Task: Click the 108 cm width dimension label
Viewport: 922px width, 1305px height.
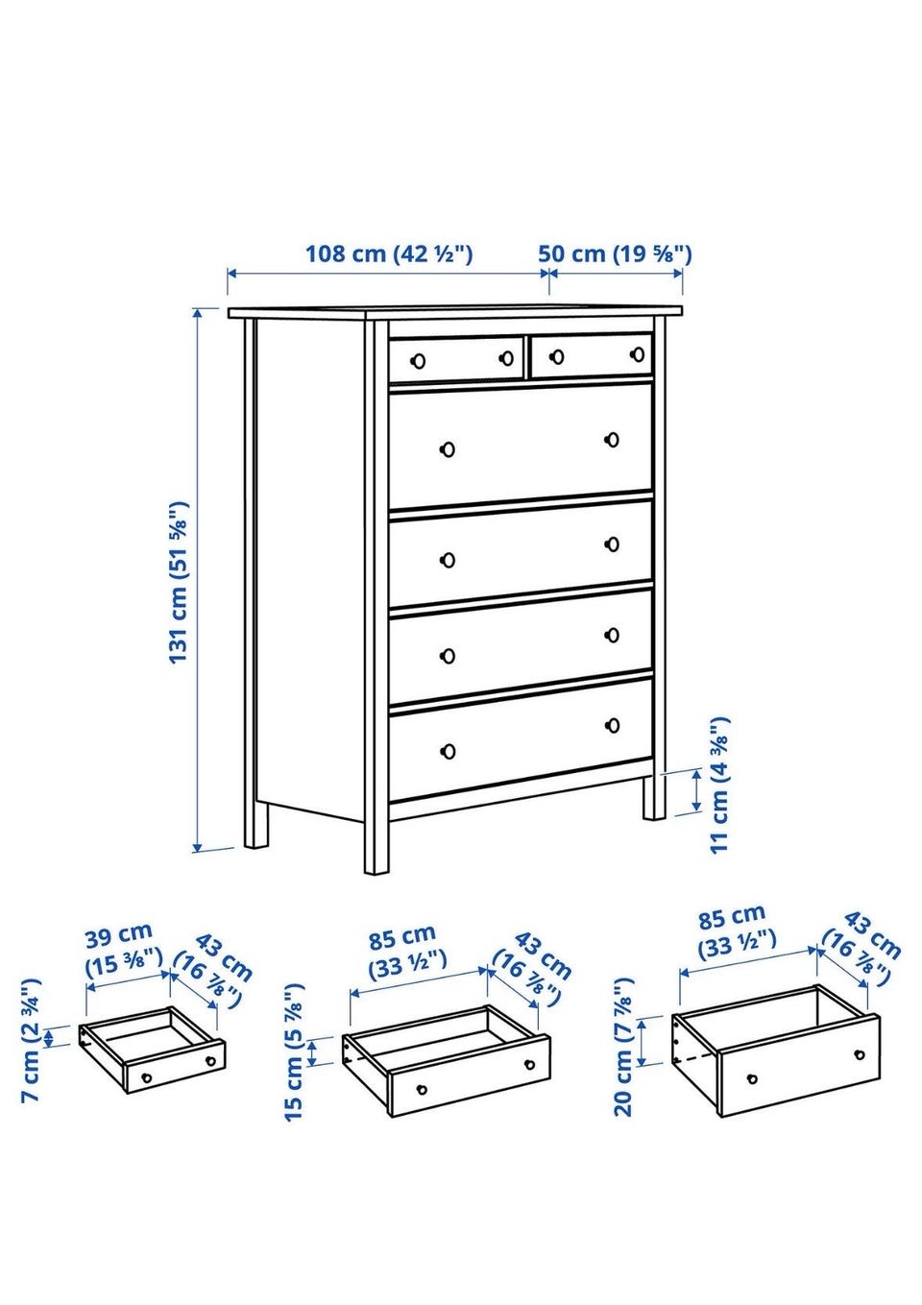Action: (389, 254)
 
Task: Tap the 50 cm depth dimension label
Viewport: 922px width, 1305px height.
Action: (615, 254)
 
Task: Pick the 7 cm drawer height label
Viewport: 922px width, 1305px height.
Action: (31, 1040)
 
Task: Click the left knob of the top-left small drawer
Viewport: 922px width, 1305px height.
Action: (417, 361)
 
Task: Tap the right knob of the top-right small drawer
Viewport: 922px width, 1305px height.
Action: (638, 354)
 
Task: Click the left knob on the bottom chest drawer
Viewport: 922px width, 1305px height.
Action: (448, 750)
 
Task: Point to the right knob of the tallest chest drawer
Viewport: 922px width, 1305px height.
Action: (612, 440)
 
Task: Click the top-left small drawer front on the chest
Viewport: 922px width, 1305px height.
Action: (456, 359)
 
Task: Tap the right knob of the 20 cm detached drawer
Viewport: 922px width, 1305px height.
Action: (859, 1054)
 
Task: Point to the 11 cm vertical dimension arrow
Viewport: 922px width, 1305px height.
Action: (696, 791)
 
